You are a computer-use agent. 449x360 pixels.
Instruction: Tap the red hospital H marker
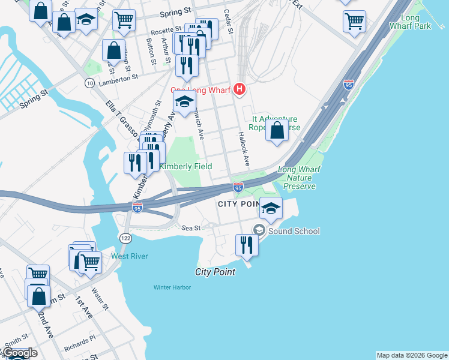click(240, 89)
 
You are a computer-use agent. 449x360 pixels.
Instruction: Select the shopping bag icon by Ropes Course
click(277, 130)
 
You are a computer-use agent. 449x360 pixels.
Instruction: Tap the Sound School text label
click(294, 231)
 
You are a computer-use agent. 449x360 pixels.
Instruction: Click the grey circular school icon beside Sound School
click(259, 230)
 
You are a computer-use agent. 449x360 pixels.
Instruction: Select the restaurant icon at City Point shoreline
click(247, 244)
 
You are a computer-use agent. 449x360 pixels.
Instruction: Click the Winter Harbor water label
click(172, 287)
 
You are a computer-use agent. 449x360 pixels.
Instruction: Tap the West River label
click(129, 257)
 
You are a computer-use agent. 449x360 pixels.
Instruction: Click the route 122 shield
click(125, 238)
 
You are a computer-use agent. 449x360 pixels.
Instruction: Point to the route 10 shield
click(89, 82)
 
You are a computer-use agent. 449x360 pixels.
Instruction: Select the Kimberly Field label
click(185, 166)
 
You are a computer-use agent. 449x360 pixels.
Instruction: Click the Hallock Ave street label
click(243, 149)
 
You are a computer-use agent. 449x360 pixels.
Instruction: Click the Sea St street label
click(190, 228)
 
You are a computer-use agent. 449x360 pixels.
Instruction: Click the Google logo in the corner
click(19, 353)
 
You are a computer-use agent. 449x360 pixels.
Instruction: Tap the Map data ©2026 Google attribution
click(412, 355)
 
